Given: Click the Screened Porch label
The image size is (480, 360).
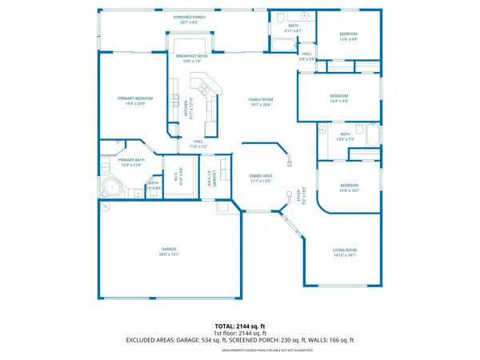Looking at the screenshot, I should coord(190,15).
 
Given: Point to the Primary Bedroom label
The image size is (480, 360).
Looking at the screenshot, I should coord(135,98).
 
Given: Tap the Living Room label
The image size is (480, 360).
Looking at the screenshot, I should coord(350,250).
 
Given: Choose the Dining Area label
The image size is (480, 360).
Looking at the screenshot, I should coord(262,176).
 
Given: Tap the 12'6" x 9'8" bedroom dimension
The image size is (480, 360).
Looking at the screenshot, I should coord(349,38).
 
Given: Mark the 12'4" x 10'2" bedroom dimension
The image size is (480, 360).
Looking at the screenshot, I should coord(350,190).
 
